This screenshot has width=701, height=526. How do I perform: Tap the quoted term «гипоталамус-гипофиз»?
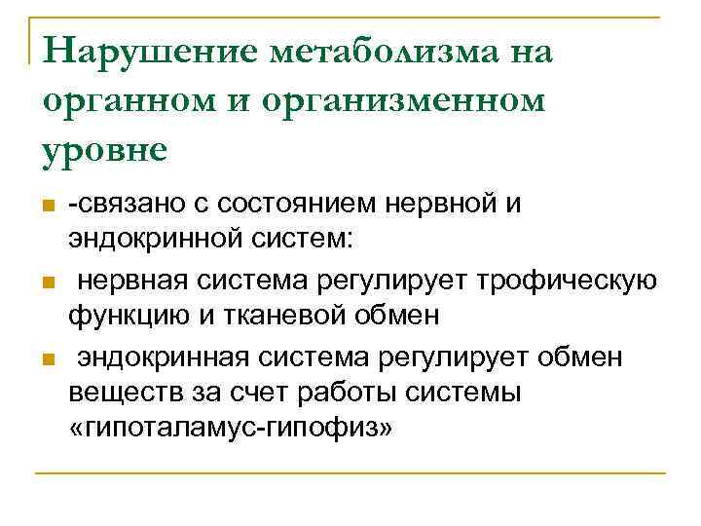[x=231, y=429]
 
